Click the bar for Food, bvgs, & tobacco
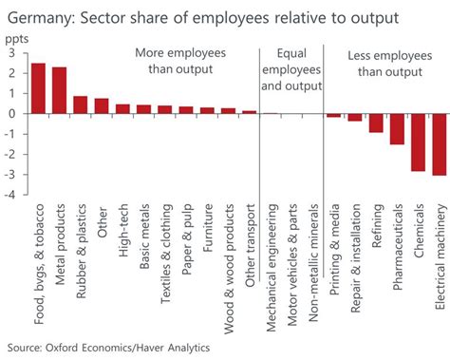pyautogui.click(x=39, y=88)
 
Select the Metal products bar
pyautogui.click(x=60, y=90)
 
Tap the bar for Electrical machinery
pyautogui.click(x=440, y=144)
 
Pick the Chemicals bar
pyautogui.click(x=418, y=142)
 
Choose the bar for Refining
pyautogui.click(x=376, y=123)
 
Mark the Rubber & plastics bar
pyautogui.click(x=81, y=104)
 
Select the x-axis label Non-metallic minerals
pyautogui.click(x=313, y=249)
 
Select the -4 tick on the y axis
pyautogui.click(x=8, y=197)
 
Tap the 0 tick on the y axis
pyautogui.click(x=9, y=114)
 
